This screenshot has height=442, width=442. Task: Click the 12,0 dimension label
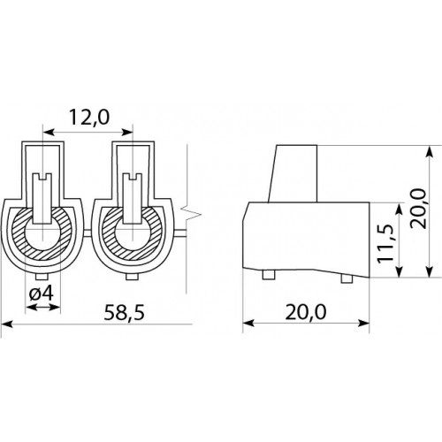pos(89,117)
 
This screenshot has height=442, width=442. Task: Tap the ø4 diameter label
pos(42,293)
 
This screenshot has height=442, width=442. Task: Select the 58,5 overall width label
pos(125,312)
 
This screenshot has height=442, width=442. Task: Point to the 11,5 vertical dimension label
pos(385,243)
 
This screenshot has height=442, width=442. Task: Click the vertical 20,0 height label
pos(418,209)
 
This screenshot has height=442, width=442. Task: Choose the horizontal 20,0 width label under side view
pos(306,312)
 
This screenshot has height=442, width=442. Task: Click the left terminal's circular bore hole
pos(42,239)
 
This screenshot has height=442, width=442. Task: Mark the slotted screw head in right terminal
pos(133,198)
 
